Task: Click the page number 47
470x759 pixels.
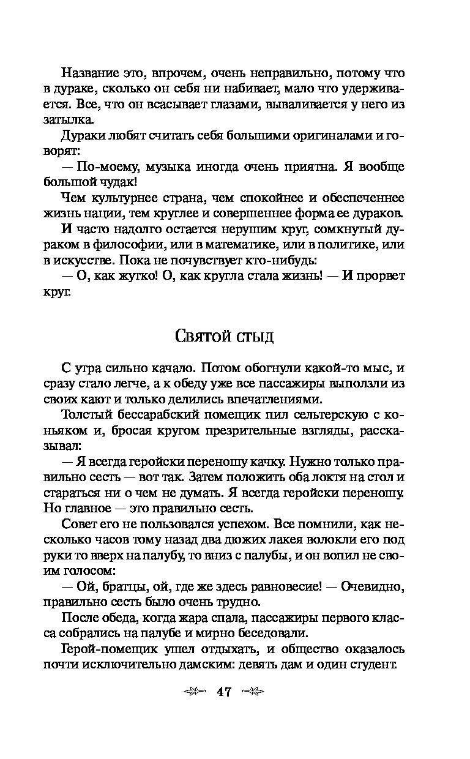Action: pyautogui.click(x=223, y=692)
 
